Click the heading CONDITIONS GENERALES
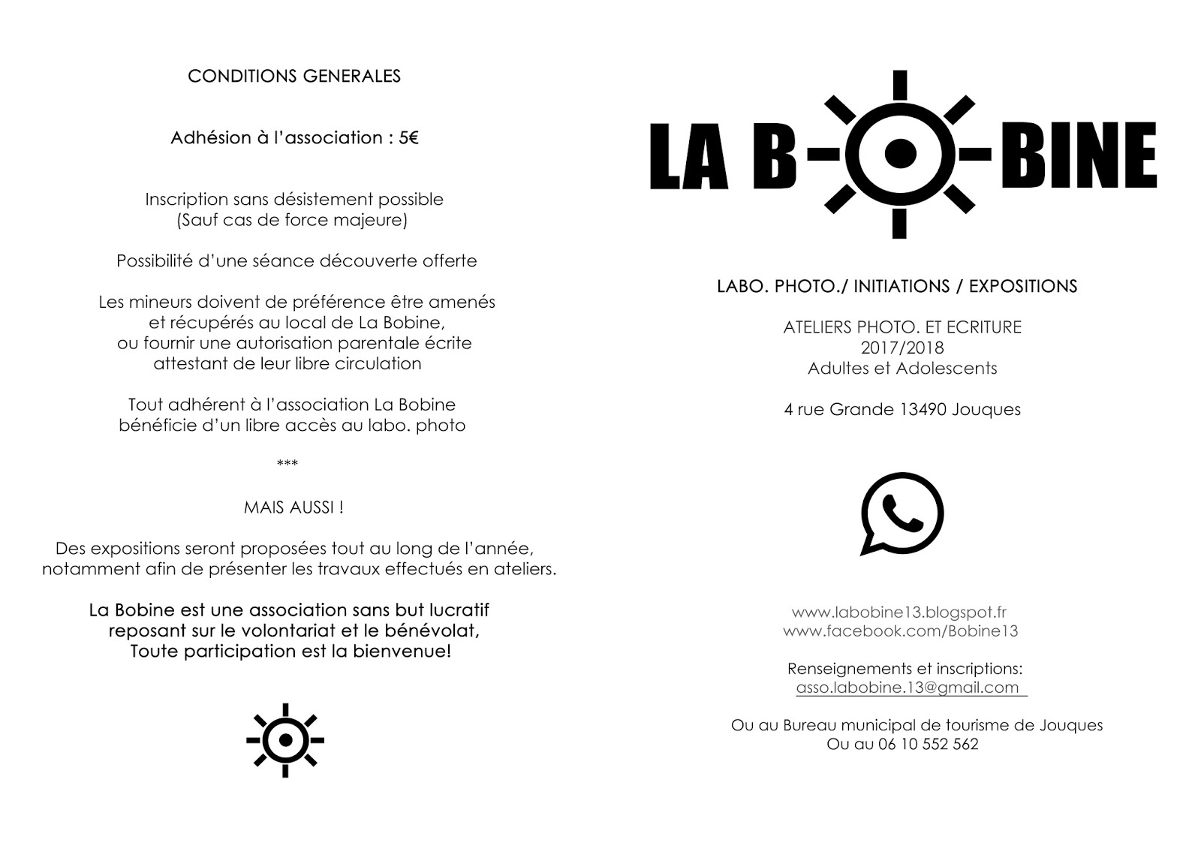(x=293, y=76)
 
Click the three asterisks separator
(x=287, y=464)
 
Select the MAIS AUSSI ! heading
(x=293, y=507)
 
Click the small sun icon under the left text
(x=285, y=740)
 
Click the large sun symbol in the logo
(x=899, y=154)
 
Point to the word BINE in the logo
(x=1078, y=155)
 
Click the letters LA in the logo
(x=691, y=155)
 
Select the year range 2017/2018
(x=902, y=348)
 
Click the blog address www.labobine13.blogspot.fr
(x=899, y=612)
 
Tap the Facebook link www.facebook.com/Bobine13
(x=901, y=631)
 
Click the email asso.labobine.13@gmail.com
(x=908, y=688)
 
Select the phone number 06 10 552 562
(x=928, y=745)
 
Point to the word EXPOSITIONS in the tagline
(x=1022, y=287)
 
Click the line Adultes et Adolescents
(x=902, y=369)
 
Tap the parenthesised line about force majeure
(x=292, y=221)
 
